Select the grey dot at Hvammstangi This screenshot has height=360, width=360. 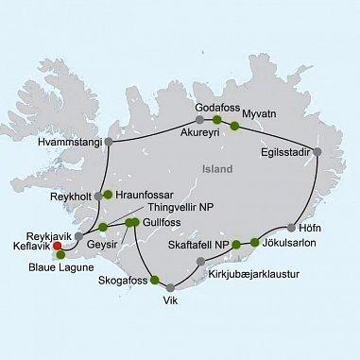pos(109,143)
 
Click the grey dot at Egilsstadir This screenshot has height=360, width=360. pos(317,151)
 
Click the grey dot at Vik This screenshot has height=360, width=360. pos(170,288)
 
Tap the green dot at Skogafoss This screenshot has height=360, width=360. pos(155,280)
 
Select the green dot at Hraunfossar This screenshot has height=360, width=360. pos(108,196)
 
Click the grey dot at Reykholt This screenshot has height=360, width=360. pos(94,197)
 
